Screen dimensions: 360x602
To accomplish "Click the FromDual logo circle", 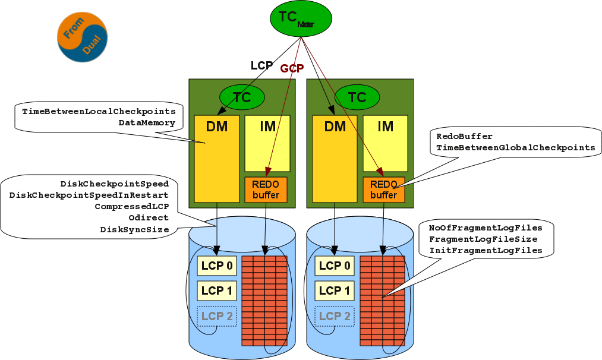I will (x=83, y=37).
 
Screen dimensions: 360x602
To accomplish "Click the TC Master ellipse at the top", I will (x=301, y=18).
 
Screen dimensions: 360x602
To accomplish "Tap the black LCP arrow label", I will (x=261, y=65).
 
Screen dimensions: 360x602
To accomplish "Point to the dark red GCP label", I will (x=292, y=68).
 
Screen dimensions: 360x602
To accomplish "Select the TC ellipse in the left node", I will (x=242, y=97).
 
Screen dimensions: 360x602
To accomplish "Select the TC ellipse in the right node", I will (x=357, y=97).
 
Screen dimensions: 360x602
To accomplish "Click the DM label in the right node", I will (x=335, y=126).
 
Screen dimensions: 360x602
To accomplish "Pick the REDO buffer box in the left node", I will (x=266, y=190).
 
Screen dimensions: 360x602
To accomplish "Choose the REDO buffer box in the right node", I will (x=383, y=190).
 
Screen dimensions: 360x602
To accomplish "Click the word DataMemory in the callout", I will (x=147, y=123).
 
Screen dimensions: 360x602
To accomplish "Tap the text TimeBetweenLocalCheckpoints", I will (x=99, y=112).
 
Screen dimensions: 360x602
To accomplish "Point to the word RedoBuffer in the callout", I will (x=464, y=136).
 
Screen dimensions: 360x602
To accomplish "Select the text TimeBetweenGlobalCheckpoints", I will (x=515, y=147).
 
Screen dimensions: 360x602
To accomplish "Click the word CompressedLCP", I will (x=131, y=207).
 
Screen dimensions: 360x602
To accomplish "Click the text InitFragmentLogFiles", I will (x=486, y=251).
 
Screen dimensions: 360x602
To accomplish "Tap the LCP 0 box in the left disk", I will (x=217, y=266).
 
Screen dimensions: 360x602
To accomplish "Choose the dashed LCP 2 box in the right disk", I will (x=335, y=316).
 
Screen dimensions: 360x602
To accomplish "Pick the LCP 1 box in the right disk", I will (x=335, y=290).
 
